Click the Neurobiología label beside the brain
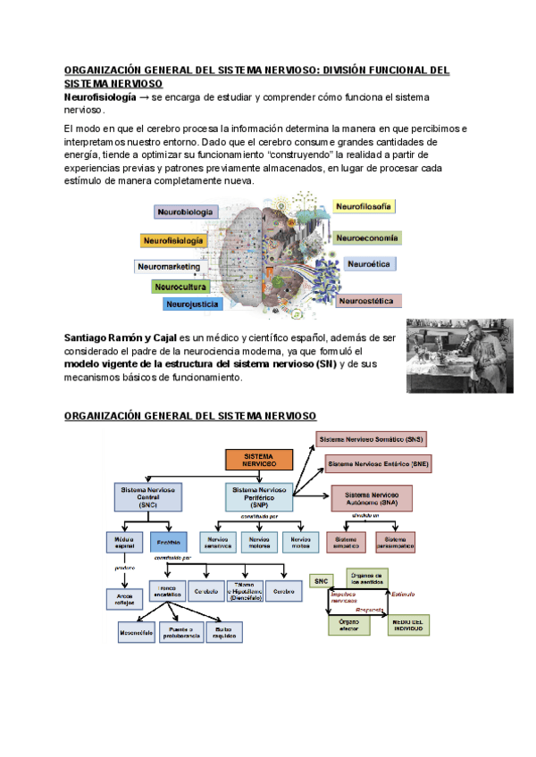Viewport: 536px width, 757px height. [x=186, y=212]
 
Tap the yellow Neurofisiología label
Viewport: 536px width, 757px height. [x=173, y=240]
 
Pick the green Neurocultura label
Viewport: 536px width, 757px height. [x=180, y=287]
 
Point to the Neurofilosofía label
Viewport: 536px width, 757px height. [x=364, y=206]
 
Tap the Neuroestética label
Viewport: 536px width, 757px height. [x=369, y=301]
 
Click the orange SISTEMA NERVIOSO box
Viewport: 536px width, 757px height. [x=258, y=460]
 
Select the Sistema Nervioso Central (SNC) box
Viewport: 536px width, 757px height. [x=148, y=495]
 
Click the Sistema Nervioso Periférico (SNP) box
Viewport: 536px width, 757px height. [x=258, y=495]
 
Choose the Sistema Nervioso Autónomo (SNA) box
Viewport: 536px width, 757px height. [x=371, y=497]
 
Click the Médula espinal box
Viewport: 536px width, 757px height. [x=124, y=541]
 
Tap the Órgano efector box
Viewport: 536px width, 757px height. [x=348, y=625]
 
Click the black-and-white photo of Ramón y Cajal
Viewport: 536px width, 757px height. [x=459, y=355]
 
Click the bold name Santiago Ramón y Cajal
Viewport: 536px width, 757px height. [x=121, y=338]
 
